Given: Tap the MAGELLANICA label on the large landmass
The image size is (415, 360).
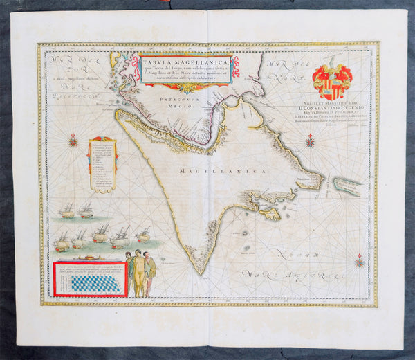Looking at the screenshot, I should pyautogui.click(x=211, y=170).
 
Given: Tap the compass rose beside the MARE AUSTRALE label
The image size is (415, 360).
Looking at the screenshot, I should pyautogui.click(x=359, y=261).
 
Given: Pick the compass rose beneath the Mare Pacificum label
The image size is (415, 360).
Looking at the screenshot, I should pyautogui.click(x=73, y=142).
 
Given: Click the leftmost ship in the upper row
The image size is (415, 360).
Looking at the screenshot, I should pyautogui.click(x=67, y=210).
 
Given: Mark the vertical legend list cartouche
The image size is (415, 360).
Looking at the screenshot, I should pyautogui.click(x=102, y=163).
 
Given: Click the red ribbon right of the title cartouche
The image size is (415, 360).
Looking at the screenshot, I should pyautogui.click(x=236, y=66).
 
